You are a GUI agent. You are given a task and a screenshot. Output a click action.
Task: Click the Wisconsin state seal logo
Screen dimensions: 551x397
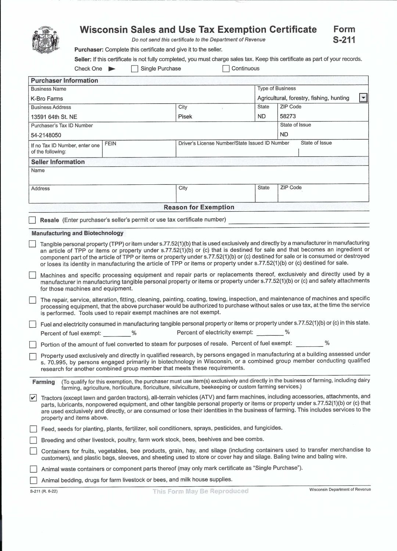(x=46, y=40)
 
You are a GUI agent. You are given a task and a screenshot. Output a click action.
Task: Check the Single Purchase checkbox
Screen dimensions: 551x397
(x=135, y=69)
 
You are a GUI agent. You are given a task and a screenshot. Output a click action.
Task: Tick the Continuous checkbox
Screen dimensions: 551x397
(x=226, y=69)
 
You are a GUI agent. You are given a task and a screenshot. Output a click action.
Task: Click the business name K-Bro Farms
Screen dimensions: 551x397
(x=47, y=99)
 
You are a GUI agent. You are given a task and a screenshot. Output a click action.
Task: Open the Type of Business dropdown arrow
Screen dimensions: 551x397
(x=363, y=98)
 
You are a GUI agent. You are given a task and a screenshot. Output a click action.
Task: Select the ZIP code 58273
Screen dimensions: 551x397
(x=288, y=116)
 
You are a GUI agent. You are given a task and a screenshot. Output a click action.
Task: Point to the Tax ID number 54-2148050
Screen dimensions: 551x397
(x=46, y=135)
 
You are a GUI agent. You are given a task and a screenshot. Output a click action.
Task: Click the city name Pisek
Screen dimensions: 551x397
(x=185, y=117)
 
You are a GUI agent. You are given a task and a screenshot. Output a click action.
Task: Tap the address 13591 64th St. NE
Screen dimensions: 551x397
(x=54, y=117)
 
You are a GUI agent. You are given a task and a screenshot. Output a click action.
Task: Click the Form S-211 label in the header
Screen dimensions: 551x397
(x=344, y=35)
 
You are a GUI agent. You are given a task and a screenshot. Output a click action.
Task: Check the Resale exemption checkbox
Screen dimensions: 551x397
(x=32, y=220)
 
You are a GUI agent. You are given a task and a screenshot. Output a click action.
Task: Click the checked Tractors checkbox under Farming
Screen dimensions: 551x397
(x=33, y=398)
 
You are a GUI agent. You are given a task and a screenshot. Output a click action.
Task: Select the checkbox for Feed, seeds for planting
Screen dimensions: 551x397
(x=33, y=429)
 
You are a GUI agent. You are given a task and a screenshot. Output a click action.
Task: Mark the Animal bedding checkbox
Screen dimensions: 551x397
(x=33, y=480)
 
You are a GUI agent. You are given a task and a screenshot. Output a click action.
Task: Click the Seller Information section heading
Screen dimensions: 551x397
(x=58, y=162)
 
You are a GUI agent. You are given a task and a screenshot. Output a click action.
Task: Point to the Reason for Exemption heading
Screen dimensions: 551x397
(x=199, y=207)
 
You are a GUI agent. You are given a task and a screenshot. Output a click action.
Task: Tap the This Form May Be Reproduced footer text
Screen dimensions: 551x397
(x=201, y=491)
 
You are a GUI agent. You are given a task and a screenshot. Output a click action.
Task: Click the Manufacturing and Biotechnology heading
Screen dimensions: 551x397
(x=78, y=233)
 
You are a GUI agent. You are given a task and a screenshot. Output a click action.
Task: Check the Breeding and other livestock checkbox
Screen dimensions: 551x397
(x=33, y=440)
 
